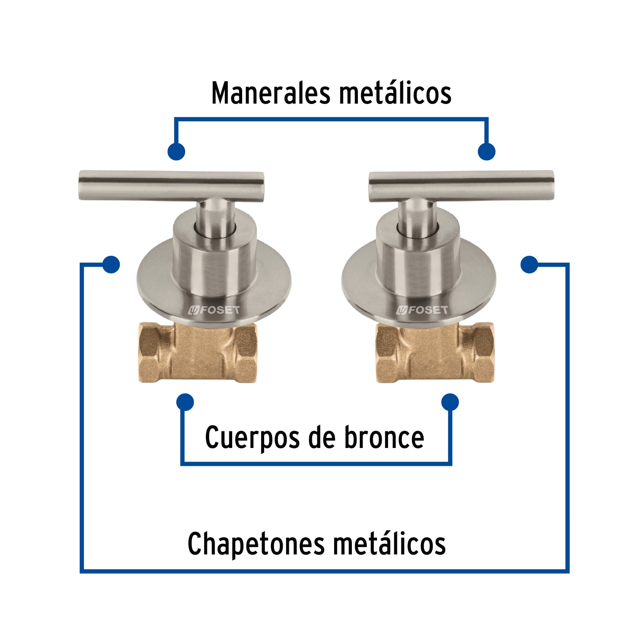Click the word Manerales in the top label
pyautogui.click(x=271, y=93)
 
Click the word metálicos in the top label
pyautogui.click(x=395, y=93)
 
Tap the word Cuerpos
pyautogui.click(x=252, y=437)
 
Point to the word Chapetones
pyautogui.click(x=256, y=544)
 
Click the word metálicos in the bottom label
pyautogui.click(x=390, y=544)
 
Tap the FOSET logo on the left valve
pyautogui.click(x=214, y=310)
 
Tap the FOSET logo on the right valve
pyautogui.click(x=422, y=310)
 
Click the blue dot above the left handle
pyautogui.click(x=176, y=151)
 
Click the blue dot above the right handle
pyautogui.click(x=486, y=151)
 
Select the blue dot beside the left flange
pyautogui.click(x=111, y=265)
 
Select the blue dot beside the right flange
pyautogui.click(x=529, y=265)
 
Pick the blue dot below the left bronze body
pyautogui.click(x=185, y=402)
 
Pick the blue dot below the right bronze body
pyautogui.click(x=450, y=402)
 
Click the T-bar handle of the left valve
pyautogui.click(x=171, y=186)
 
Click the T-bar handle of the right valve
pyautogui.click(x=461, y=186)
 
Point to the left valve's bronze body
pyautogui.click(x=198, y=353)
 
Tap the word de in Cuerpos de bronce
pyautogui.click(x=322, y=437)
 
